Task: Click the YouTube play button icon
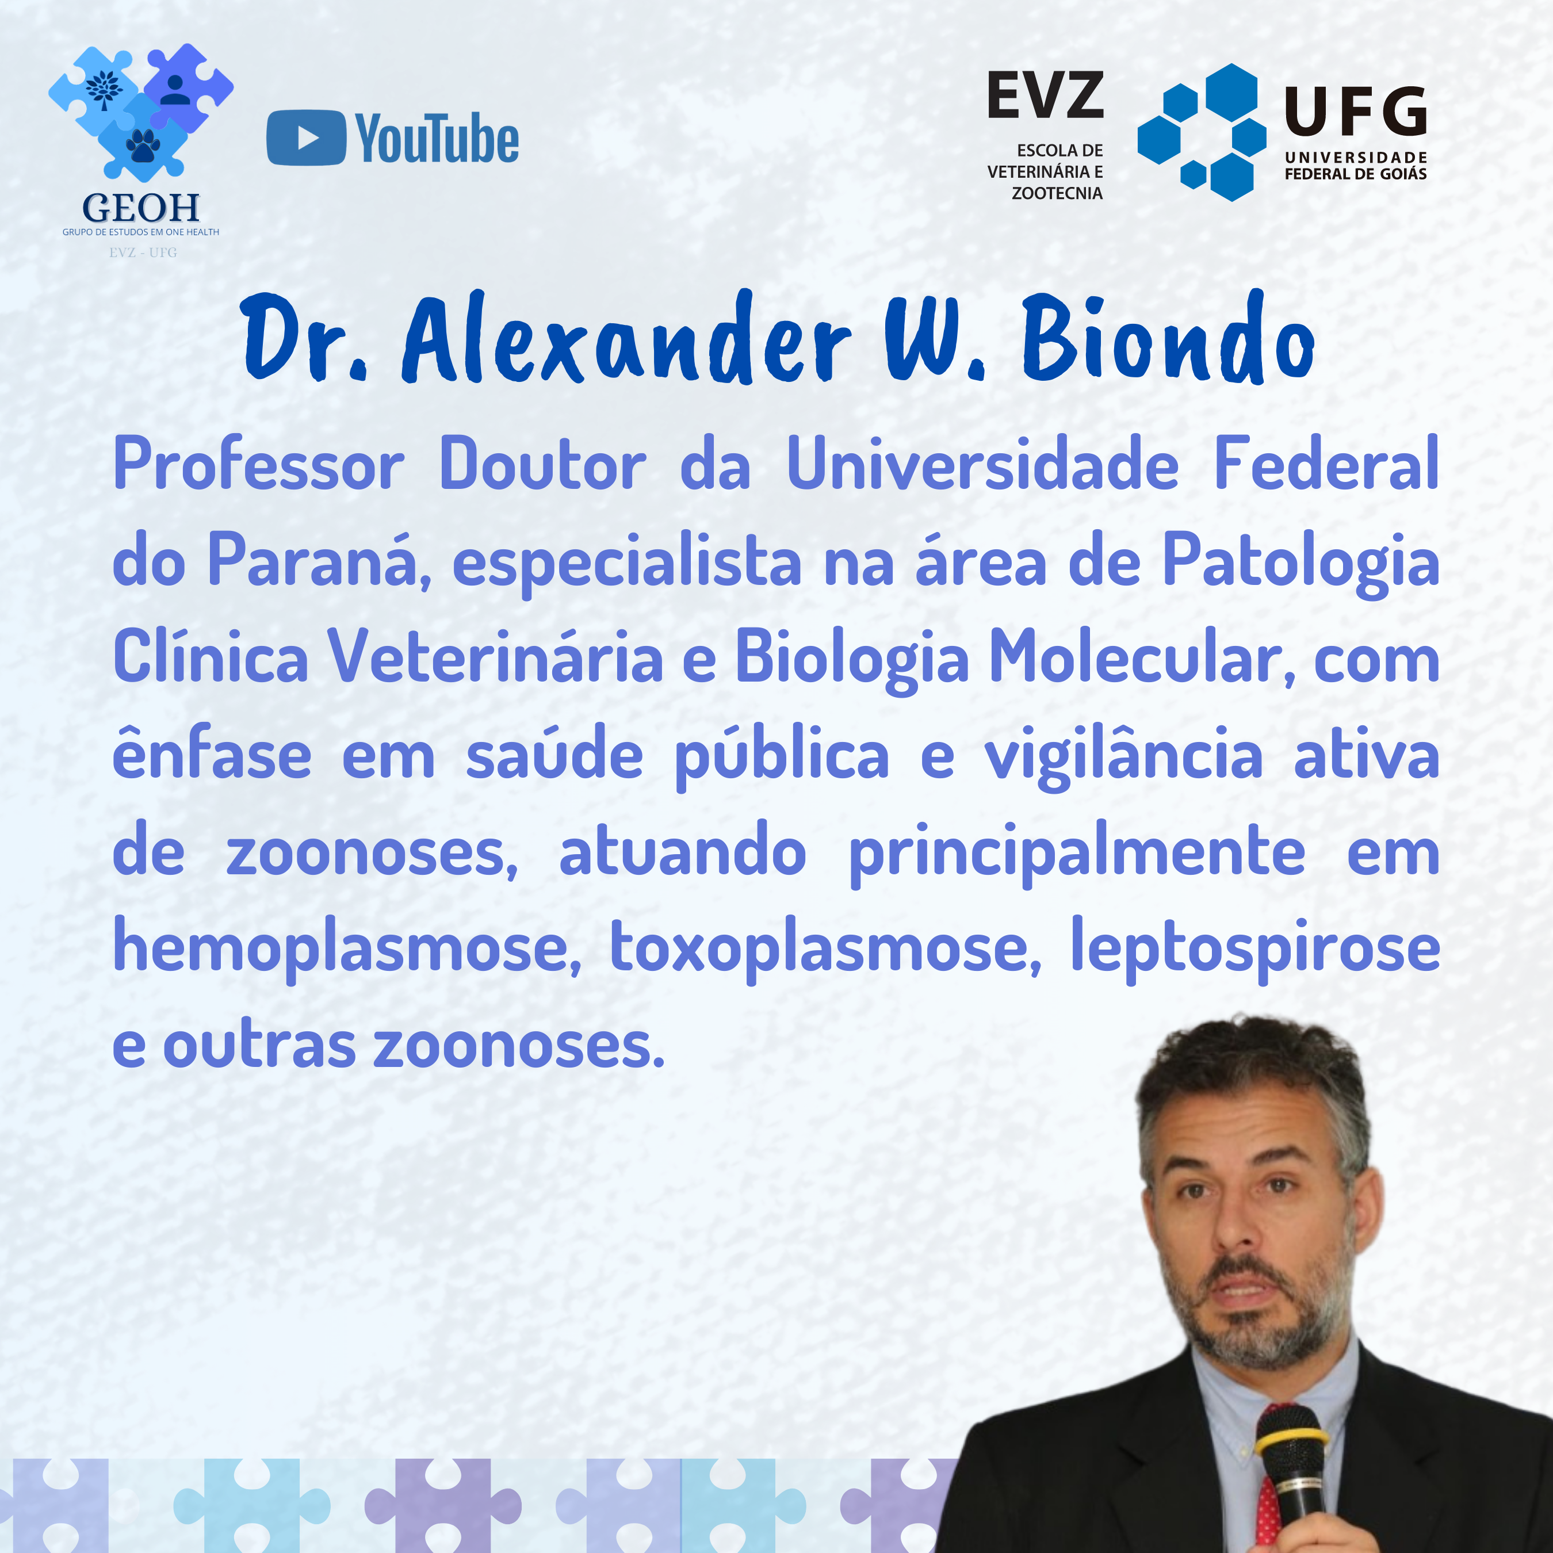click(x=306, y=137)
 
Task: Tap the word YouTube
click(x=437, y=138)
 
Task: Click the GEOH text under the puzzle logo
click(x=141, y=208)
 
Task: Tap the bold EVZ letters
click(x=1045, y=95)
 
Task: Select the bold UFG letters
click(x=1355, y=113)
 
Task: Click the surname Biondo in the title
click(x=1168, y=339)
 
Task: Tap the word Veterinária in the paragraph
click(x=495, y=657)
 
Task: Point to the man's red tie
click(x=1268, y=1503)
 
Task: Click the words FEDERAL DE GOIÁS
click(x=1355, y=174)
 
